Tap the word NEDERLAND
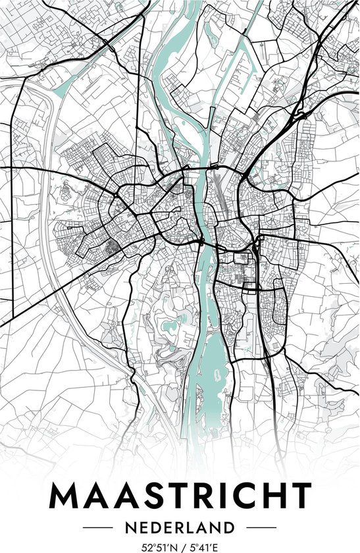click(180, 528)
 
